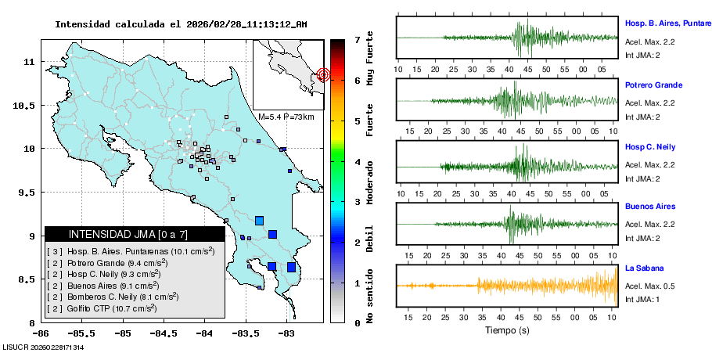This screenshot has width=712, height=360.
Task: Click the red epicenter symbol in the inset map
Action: pyautogui.click(x=324, y=75)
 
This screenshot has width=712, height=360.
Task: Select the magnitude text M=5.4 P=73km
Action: pyautogui.click(x=286, y=117)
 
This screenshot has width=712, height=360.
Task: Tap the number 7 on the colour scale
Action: pyautogui.click(x=357, y=39)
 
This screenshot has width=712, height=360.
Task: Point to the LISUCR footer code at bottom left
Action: pyautogui.click(x=43, y=347)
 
